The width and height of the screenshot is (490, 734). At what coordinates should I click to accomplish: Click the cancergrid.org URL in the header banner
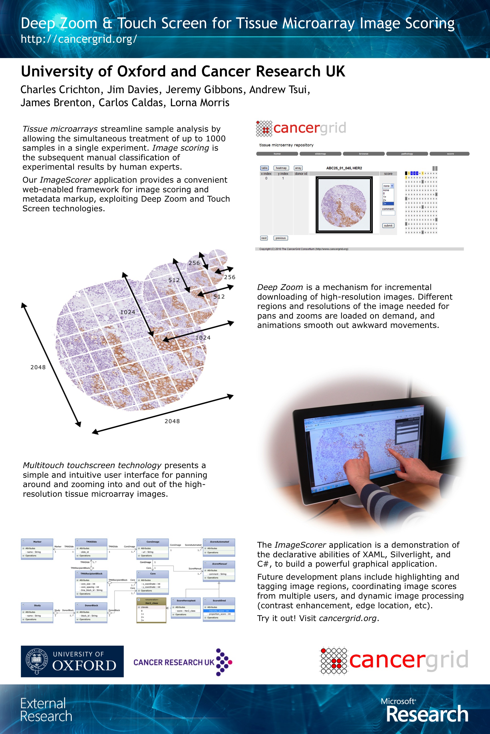pos(79,39)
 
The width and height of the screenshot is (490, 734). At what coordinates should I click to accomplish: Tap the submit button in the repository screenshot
pos(388,226)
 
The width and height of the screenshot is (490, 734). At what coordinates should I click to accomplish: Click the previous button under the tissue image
pos(280,238)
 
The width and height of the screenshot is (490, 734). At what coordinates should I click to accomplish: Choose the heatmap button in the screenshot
pos(281,168)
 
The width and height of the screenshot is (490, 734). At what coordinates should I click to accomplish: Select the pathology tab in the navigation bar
pos(407,154)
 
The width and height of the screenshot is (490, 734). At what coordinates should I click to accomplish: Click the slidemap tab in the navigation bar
pos(320,154)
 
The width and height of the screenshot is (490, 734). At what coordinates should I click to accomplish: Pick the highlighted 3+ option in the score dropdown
pos(388,204)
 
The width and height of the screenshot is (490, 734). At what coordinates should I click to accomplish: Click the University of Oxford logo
pos(72,662)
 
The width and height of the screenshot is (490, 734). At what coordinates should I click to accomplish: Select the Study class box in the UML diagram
pos(37,612)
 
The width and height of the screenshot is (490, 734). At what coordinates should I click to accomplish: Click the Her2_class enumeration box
pos(151,610)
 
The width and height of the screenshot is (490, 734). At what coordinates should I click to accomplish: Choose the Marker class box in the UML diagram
pos(37,549)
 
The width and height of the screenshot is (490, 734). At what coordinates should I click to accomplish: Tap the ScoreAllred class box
pos(219,609)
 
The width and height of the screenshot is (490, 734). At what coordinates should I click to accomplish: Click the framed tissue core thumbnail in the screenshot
pos(344,205)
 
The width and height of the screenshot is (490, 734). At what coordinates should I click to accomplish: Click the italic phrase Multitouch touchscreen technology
pos(92,465)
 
